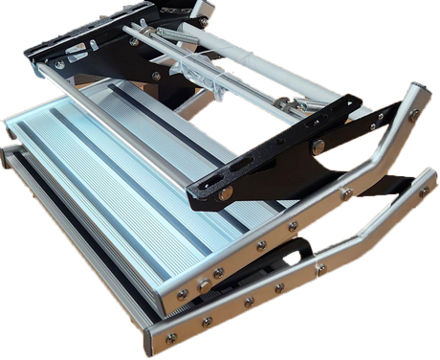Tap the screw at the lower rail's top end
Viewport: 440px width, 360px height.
(423, 191)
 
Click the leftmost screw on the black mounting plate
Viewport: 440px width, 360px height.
(59, 64)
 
